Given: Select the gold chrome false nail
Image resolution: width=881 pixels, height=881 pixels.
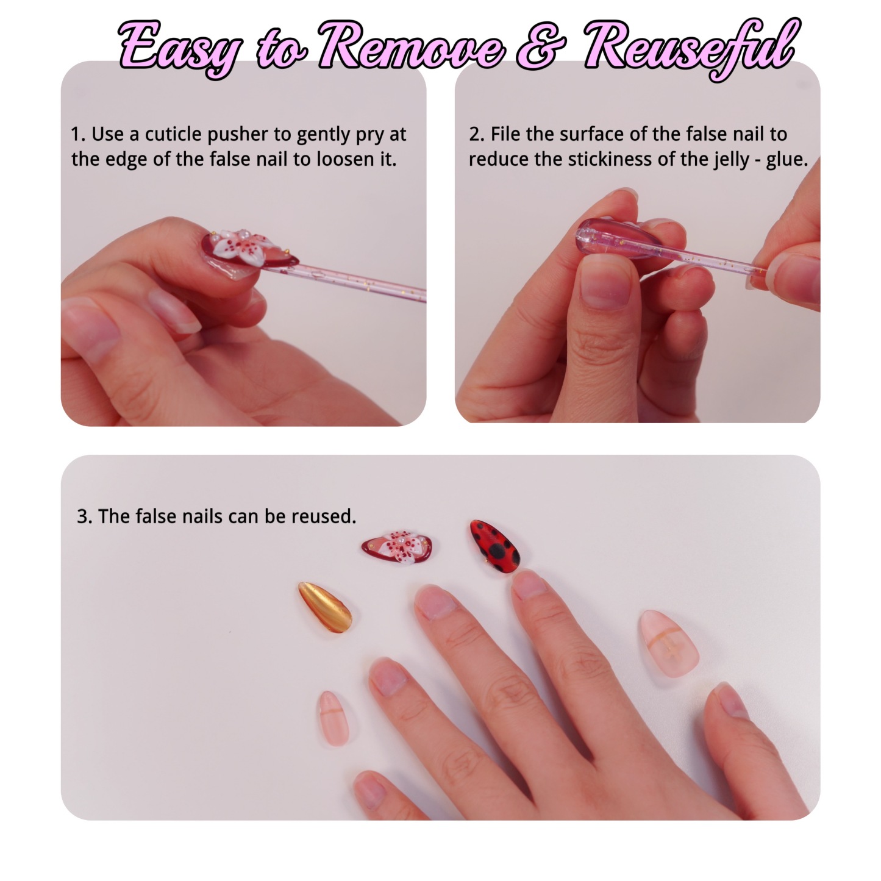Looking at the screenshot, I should [x=325, y=608].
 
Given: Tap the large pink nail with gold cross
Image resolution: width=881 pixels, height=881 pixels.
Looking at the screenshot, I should [x=668, y=641].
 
